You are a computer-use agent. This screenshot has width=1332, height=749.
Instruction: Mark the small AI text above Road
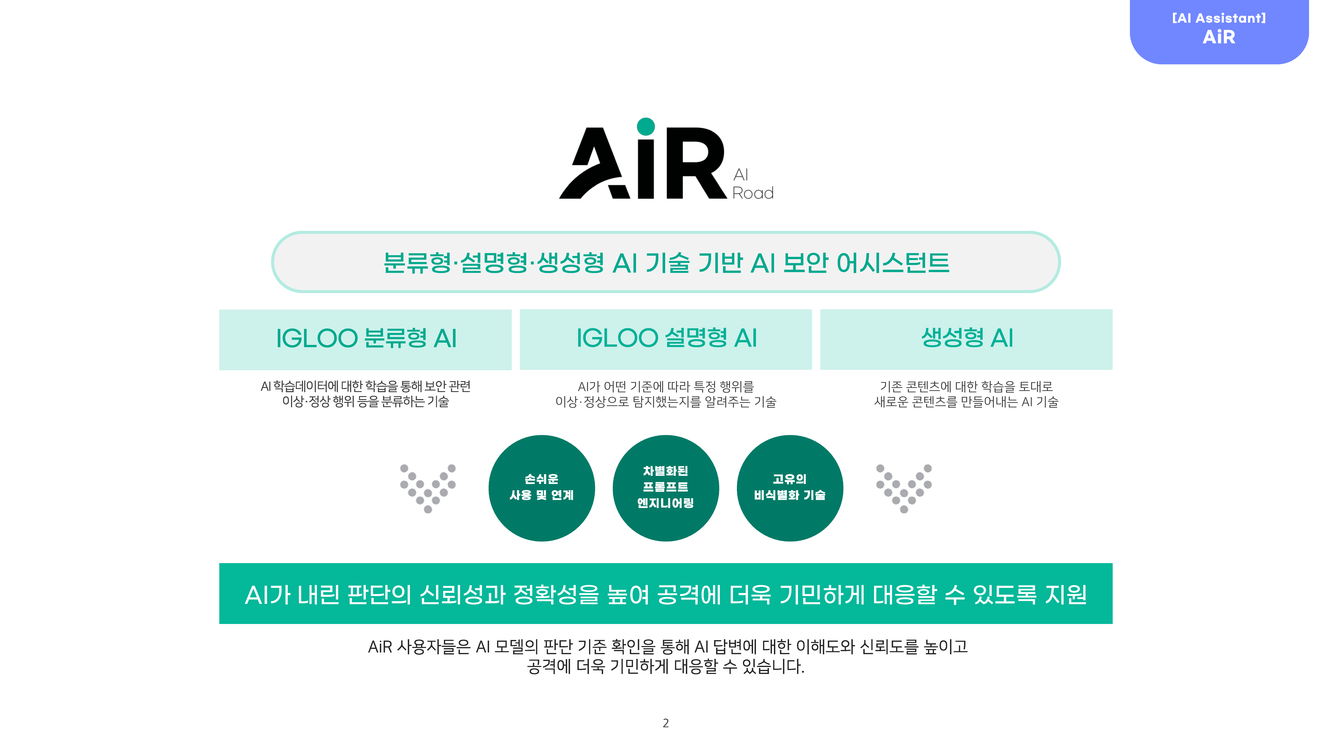coord(740,175)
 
